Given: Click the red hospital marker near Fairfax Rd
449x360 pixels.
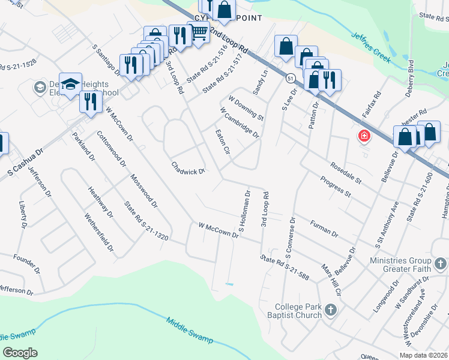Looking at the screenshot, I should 364,136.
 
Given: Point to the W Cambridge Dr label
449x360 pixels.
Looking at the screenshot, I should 240,122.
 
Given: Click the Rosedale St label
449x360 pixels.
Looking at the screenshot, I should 346,173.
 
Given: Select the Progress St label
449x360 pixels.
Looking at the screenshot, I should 335,187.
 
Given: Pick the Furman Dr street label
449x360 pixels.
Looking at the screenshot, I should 325,229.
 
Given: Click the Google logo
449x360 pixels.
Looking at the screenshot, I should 20,353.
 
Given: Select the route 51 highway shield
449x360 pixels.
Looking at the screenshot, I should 290,79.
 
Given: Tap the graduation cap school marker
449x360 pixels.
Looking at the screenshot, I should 70,84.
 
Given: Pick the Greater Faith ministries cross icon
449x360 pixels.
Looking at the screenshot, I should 440,263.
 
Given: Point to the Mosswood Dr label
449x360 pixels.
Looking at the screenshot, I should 144,190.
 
